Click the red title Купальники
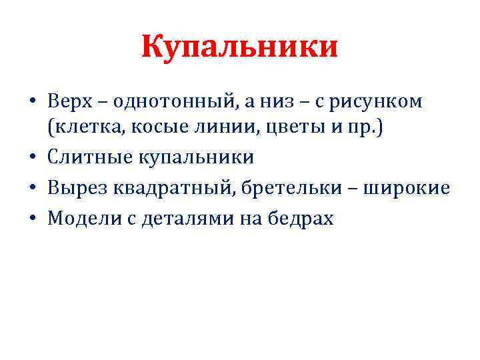click(239, 48)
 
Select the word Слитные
click(89, 157)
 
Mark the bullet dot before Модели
click(33, 218)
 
